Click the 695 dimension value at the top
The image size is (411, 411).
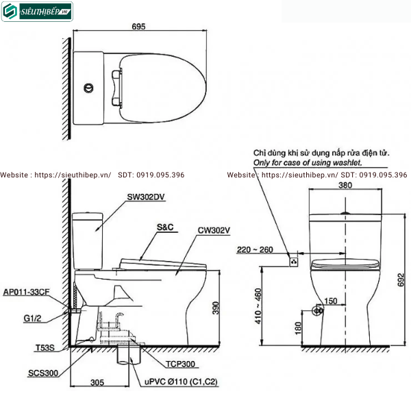click(138, 27)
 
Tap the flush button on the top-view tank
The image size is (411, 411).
click(88, 88)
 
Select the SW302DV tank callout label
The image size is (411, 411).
click(146, 197)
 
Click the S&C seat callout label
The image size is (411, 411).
click(165, 227)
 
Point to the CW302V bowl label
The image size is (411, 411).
click(214, 230)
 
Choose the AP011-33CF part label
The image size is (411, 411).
click(26, 292)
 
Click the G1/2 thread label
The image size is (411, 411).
click(32, 319)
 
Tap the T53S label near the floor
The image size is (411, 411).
click(45, 348)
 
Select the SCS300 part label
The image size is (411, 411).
click(43, 373)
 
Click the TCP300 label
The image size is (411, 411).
click(180, 364)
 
